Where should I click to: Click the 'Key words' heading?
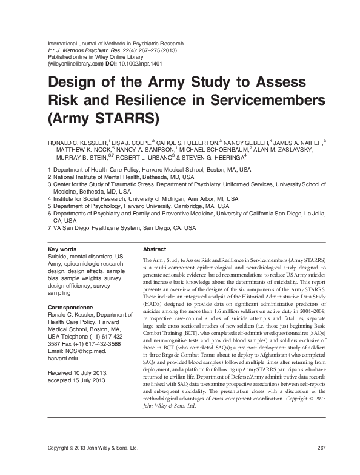point(62,249)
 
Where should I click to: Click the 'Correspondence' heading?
point(72,308)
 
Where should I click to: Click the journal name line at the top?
point(115,44)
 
